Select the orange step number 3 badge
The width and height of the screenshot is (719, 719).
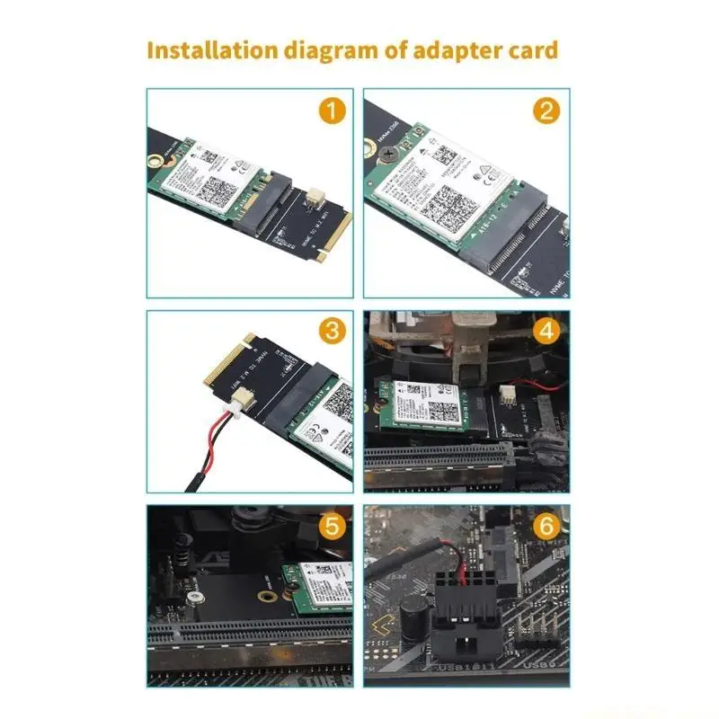(x=333, y=330)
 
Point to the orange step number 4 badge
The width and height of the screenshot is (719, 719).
(x=546, y=331)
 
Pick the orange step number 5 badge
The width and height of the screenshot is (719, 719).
(x=333, y=526)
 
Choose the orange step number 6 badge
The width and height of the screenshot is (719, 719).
(x=546, y=526)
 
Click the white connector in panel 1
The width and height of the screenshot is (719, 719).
(x=315, y=195)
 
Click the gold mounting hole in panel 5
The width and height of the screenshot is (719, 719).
(x=266, y=594)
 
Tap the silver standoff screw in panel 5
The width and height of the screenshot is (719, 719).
(x=192, y=596)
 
